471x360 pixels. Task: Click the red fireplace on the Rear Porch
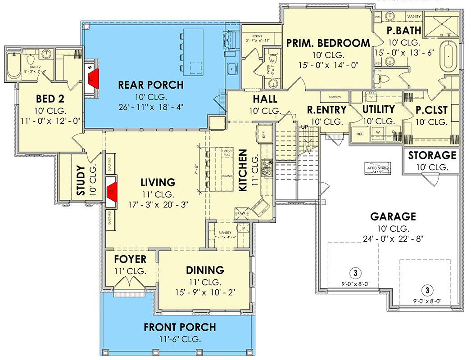(94, 77)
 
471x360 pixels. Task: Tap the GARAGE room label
(393, 217)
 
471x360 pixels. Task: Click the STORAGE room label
(432, 156)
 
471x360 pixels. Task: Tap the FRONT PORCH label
(180, 328)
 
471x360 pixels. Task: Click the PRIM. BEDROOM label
(328, 43)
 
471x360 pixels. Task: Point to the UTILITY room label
(378, 109)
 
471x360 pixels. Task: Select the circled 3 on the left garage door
(355, 273)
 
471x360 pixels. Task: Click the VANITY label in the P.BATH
(414, 17)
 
